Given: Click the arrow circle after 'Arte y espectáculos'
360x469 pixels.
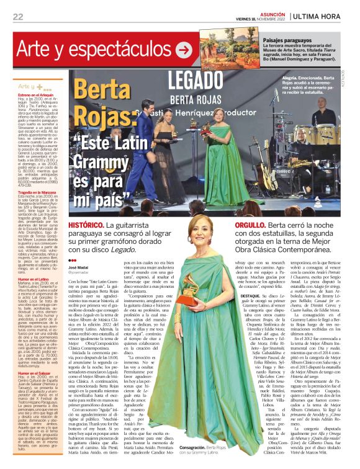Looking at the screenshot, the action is click(x=184, y=49).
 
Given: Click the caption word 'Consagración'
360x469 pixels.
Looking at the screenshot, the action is click(x=196, y=447).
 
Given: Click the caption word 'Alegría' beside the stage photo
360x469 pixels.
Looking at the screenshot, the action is click(x=272, y=78).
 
